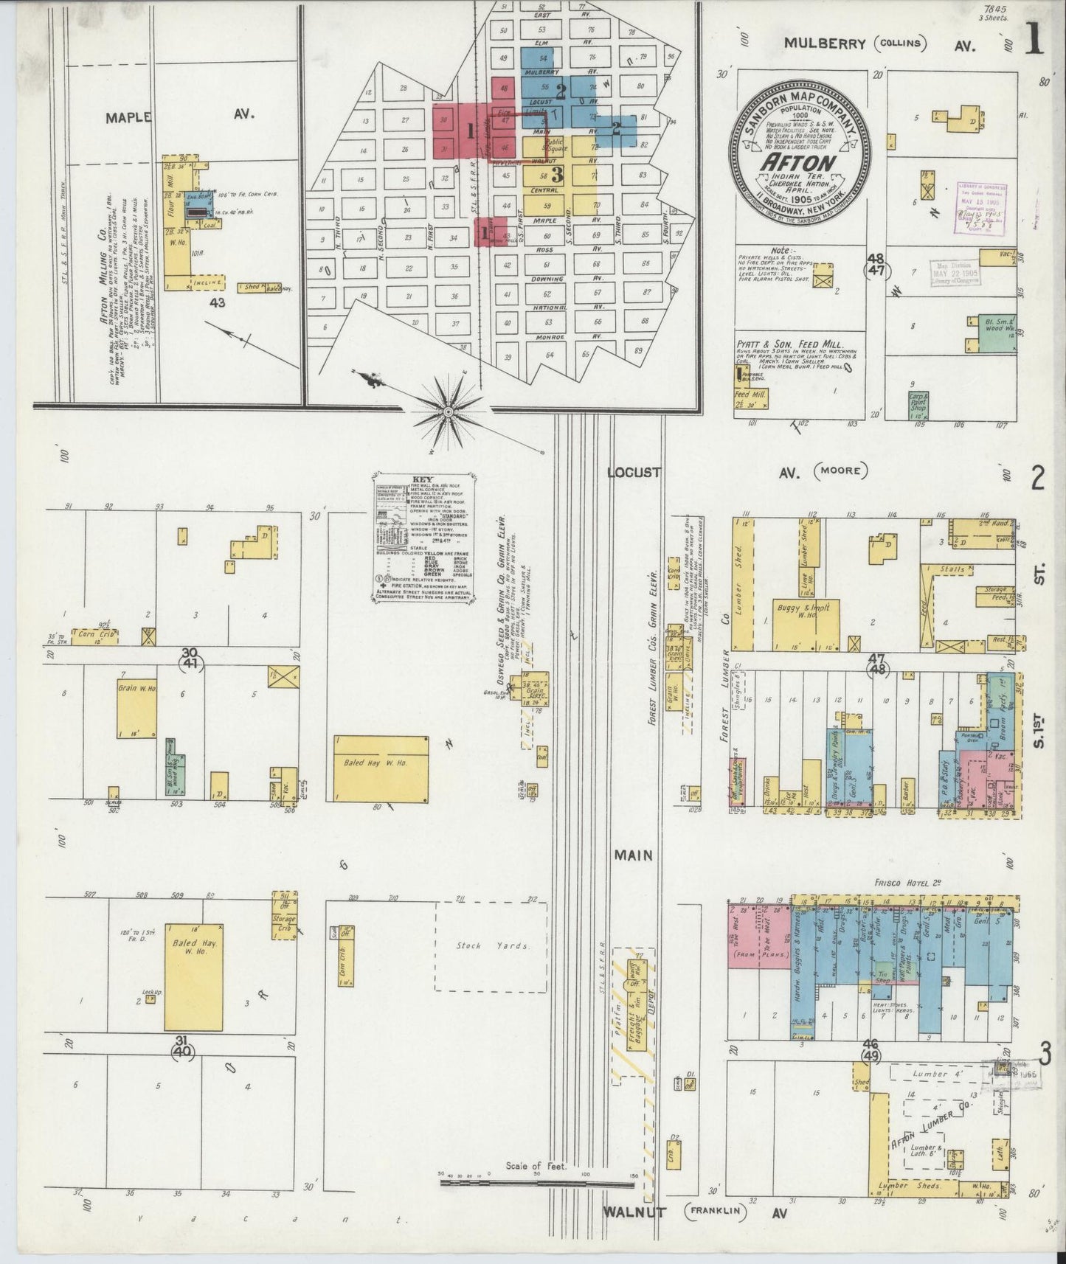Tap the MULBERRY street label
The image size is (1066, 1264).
click(824, 44)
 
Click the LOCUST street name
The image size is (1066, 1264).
click(634, 472)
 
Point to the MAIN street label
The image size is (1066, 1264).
click(634, 855)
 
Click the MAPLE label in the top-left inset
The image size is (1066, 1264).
click(128, 117)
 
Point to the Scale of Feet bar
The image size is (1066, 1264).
click(537, 1183)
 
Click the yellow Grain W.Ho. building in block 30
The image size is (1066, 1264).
click(136, 708)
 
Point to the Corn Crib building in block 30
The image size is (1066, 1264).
click(94, 636)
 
